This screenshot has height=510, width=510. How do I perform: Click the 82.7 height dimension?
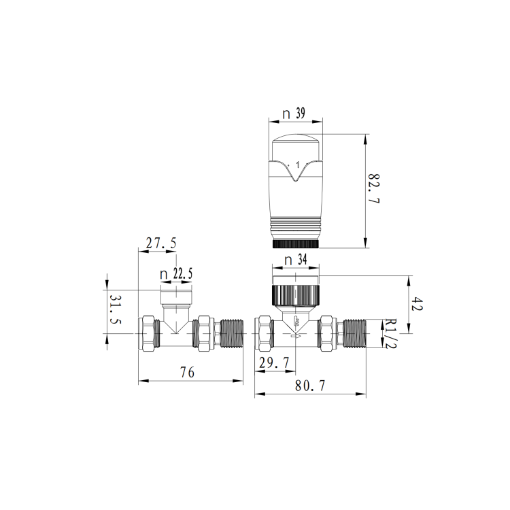(x=373, y=190)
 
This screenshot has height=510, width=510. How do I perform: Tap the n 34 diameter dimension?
(x=296, y=260)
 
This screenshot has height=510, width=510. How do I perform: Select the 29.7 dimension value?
(x=273, y=364)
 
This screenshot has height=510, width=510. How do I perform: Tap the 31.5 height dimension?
(x=115, y=311)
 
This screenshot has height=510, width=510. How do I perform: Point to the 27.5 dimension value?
(x=158, y=242)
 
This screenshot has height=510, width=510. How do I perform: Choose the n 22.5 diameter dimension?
(x=176, y=274)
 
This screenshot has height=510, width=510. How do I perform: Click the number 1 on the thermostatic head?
(x=298, y=165)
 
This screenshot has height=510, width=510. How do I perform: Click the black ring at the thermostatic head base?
(x=296, y=243)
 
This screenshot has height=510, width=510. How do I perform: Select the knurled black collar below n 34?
(x=296, y=294)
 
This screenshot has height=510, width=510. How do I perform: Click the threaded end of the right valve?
(x=358, y=333)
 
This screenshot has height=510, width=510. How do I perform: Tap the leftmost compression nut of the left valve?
(x=148, y=333)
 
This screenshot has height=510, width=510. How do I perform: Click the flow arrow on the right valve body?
(x=296, y=334)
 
